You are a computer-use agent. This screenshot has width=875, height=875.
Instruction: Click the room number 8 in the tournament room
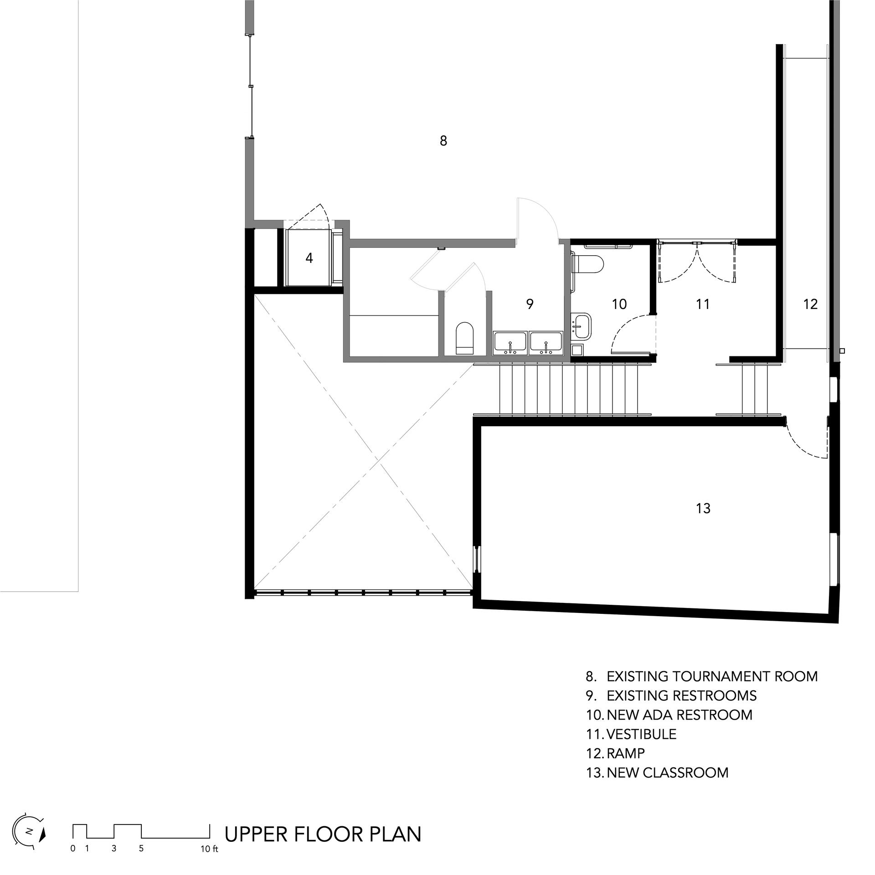point(443,141)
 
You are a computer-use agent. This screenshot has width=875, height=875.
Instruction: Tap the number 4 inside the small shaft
point(309,258)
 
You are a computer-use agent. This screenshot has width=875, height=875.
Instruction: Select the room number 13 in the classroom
point(703,508)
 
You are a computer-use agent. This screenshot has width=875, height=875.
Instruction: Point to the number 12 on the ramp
point(810,304)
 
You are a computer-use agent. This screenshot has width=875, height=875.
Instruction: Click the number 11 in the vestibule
point(703,304)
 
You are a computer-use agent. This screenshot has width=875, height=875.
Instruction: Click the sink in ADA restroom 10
point(581,326)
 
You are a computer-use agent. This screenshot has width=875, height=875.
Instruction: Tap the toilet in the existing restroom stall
point(465,339)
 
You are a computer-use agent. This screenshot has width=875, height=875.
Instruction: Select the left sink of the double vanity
point(510,343)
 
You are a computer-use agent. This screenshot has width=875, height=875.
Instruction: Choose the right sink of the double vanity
point(546,343)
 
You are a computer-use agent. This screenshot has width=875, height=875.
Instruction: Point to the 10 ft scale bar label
point(209,849)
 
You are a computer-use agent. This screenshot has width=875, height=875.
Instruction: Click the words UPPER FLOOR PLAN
point(323,834)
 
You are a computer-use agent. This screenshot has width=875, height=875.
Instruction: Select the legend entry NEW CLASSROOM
point(668,772)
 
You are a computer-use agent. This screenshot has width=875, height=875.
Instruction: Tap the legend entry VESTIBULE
point(642,734)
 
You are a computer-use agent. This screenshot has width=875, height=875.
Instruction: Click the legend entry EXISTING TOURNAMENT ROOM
point(712,676)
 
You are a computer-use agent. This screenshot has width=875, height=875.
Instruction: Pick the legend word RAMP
point(626,753)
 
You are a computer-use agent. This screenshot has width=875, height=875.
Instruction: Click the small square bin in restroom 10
point(576,350)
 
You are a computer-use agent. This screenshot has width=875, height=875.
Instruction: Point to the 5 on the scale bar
point(141,849)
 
